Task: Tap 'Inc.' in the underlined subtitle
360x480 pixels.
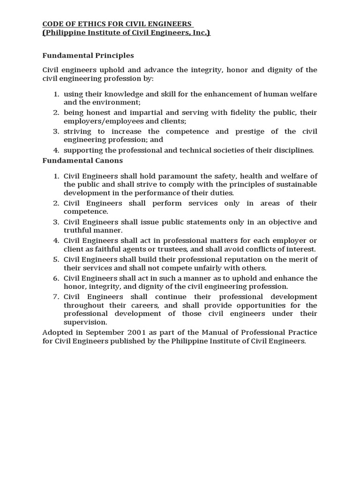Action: [x=202, y=32]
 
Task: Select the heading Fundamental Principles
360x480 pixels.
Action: [x=88, y=55]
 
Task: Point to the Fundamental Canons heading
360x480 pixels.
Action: [x=82, y=160]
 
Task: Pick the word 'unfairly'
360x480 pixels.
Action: [x=206, y=268]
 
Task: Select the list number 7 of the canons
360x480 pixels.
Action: [x=55, y=297]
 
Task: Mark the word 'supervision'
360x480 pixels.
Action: [x=85, y=322]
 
